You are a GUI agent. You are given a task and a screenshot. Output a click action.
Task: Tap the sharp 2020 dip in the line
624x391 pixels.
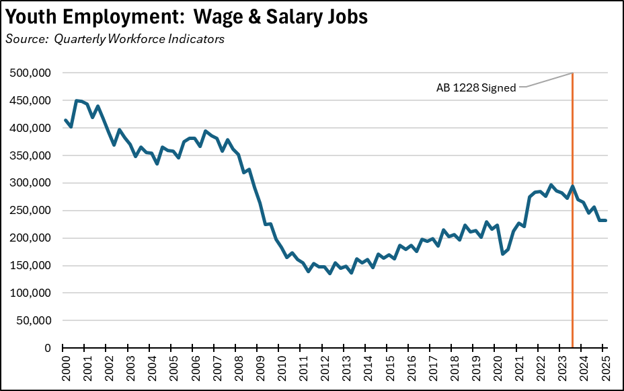click(502, 254)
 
